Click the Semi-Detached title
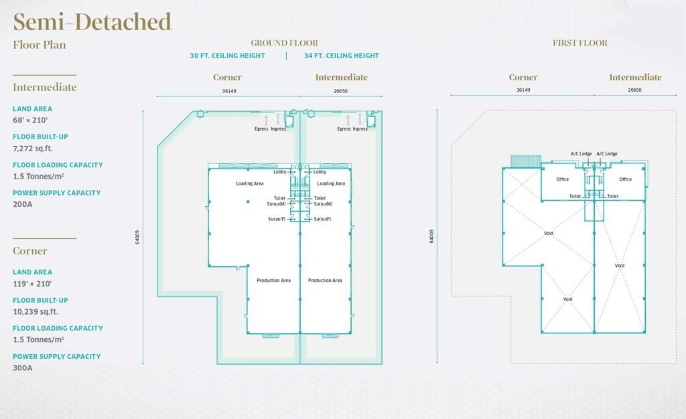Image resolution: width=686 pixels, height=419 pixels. click(92, 22)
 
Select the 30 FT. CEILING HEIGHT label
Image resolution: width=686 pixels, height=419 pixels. click(228, 56)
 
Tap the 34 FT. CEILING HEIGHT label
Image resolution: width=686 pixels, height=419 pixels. click(342, 56)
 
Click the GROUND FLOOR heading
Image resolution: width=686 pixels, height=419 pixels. click(284, 43)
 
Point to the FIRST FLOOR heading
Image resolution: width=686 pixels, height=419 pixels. click(580, 43)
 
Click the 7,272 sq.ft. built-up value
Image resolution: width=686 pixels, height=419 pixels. click(33, 149)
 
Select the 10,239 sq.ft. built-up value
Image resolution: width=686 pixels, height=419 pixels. click(36, 312)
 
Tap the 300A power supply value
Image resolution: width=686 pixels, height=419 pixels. click(23, 368)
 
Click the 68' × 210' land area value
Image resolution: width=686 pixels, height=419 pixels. click(30, 120)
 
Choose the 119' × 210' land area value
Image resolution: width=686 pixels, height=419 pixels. click(32, 284)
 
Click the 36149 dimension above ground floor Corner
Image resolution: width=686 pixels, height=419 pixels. click(229, 91)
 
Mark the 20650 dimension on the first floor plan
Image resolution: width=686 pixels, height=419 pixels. click(635, 90)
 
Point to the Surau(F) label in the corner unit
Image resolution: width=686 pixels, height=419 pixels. click(277, 219)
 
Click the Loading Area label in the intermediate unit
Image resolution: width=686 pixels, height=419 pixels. click(331, 183)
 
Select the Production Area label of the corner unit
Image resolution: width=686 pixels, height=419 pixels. click(274, 280)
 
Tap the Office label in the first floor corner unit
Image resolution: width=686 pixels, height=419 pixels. click(563, 179)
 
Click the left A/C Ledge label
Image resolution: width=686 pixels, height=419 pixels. click(581, 154)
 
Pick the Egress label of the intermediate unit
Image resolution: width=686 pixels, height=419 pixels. click(344, 129)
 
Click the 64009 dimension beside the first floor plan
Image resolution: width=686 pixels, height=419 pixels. click(432, 236)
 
